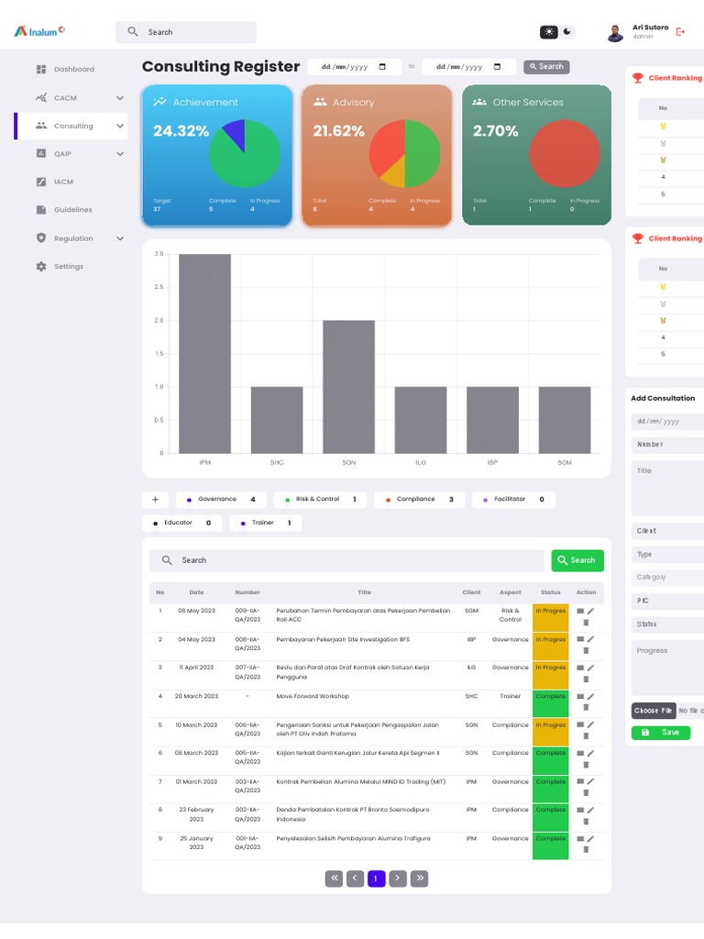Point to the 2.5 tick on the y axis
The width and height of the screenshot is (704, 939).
coord(159,287)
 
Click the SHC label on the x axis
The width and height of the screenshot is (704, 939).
coord(277,463)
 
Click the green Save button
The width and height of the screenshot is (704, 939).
coord(660,733)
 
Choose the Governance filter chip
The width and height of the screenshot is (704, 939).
coord(221,500)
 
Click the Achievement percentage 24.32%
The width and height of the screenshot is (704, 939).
coord(181,131)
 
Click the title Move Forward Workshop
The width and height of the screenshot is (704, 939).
coord(313,697)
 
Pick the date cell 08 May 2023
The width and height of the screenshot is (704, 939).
coord(196,611)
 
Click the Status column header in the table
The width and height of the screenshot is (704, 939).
coord(550,592)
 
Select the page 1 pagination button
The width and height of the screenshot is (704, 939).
coord(376,878)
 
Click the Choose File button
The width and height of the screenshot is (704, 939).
coord(653,711)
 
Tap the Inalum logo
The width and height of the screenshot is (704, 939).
coord(39,31)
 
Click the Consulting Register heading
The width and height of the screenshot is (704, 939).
coord(221,67)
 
